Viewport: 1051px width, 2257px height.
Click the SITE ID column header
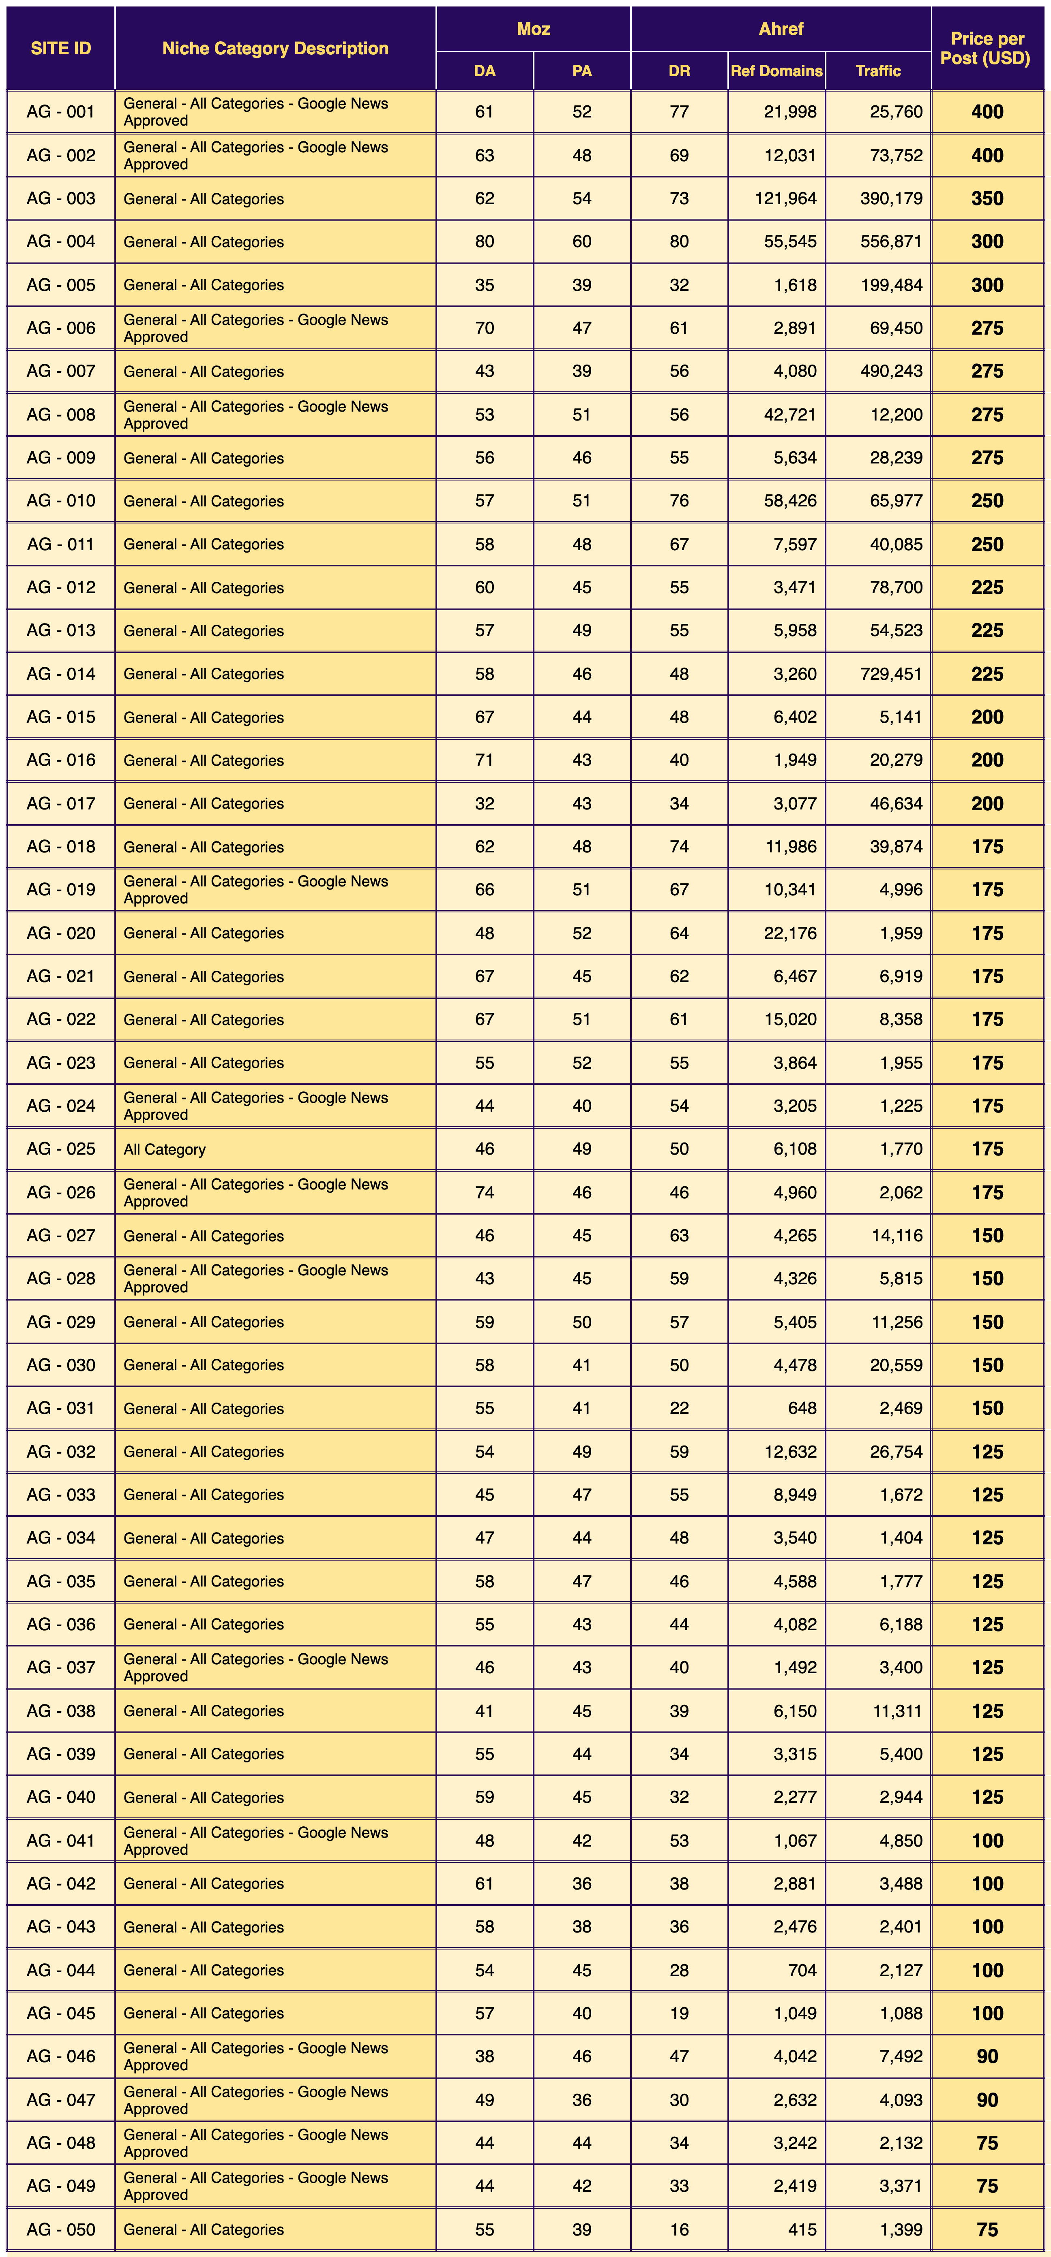(x=60, y=48)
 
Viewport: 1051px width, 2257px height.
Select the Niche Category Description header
(x=275, y=48)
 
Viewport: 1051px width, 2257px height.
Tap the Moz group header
(x=533, y=29)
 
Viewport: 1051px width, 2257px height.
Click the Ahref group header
(x=780, y=29)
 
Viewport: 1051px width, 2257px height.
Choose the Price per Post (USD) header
(x=987, y=48)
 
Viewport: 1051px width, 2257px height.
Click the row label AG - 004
(x=60, y=242)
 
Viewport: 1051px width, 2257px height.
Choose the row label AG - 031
(x=60, y=1408)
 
